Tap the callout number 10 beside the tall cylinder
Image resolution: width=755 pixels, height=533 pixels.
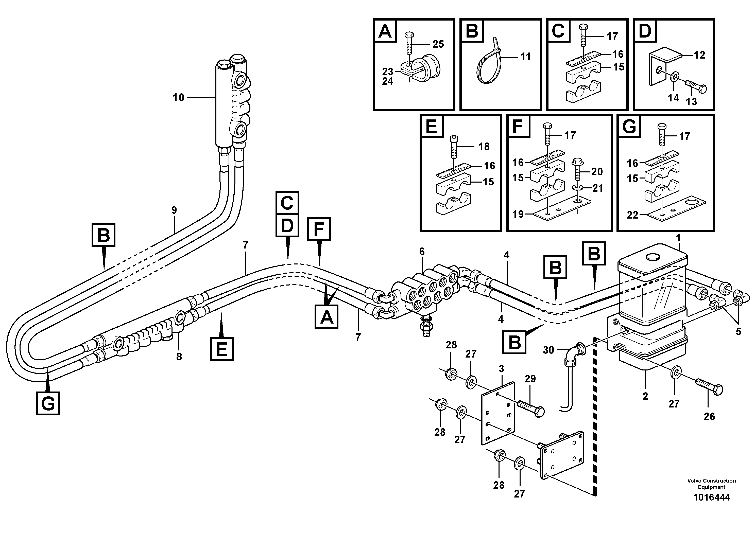[x=179, y=98]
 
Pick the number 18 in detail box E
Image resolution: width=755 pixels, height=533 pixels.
[x=484, y=147]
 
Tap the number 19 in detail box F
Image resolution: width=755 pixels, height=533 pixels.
[x=518, y=214]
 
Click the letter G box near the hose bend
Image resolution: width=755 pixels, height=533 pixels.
[x=48, y=403]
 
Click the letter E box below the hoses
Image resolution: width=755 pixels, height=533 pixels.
[x=222, y=349]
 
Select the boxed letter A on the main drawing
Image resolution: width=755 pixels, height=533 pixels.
[x=326, y=316]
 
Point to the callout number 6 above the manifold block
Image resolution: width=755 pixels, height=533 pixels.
[x=422, y=252]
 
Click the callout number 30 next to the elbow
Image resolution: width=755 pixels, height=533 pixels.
[x=548, y=350]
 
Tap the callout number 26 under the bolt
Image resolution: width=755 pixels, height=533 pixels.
[x=709, y=417]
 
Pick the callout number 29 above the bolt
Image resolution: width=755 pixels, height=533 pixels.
[x=530, y=379]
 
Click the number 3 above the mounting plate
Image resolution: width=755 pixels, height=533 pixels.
[x=501, y=369]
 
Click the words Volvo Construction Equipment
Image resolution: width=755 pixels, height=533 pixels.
[x=711, y=484]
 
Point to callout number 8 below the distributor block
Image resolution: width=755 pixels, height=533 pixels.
[x=179, y=357]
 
